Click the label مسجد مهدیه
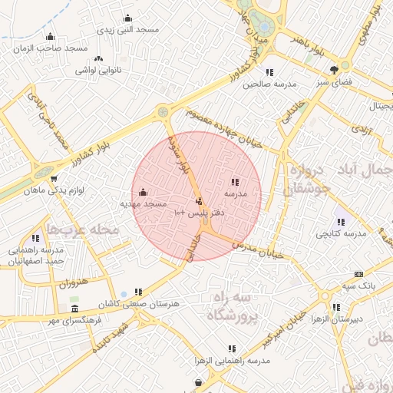point(144,204)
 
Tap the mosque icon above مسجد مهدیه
point(144,193)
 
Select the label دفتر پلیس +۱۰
point(198,211)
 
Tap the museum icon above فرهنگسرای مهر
point(74,309)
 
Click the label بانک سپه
point(359,286)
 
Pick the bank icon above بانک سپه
point(358,274)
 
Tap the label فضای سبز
point(334,81)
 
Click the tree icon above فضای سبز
point(334,70)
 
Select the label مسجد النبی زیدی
point(127,29)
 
